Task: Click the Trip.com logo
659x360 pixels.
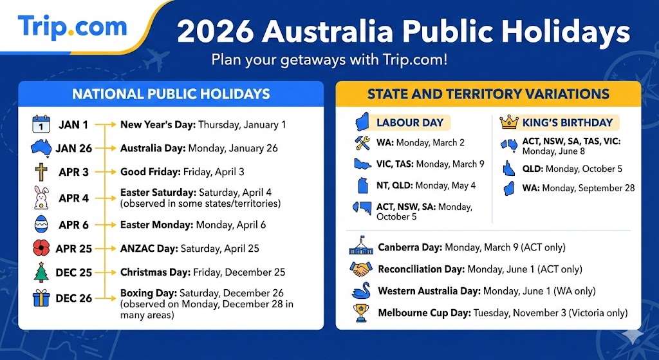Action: [x=72, y=27]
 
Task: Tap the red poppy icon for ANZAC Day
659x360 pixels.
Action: [x=41, y=248]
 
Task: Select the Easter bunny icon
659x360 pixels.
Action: [x=41, y=198]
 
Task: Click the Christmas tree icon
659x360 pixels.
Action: [x=41, y=272]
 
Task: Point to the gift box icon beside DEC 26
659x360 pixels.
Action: [x=41, y=298]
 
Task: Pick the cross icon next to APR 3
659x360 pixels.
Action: [x=41, y=173]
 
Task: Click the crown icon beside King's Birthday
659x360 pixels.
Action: [x=509, y=122]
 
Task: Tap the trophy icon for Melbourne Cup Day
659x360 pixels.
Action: [x=360, y=313]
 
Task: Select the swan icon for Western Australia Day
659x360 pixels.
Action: [x=360, y=291]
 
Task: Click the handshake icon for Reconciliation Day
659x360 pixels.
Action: [x=360, y=269]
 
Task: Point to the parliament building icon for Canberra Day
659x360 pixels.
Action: [x=360, y=247]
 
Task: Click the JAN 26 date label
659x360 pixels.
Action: [x=73, y=148]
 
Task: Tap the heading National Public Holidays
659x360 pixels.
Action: [x=171, y=94]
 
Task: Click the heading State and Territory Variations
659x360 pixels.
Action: [x=488, y=94]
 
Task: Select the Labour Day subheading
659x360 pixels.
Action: [x=409, y=122]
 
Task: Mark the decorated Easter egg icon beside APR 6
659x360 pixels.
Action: [x=41, y=225]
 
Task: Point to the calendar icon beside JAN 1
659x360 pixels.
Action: [x=41, y=124]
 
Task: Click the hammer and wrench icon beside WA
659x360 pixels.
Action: [x=360, y=142]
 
